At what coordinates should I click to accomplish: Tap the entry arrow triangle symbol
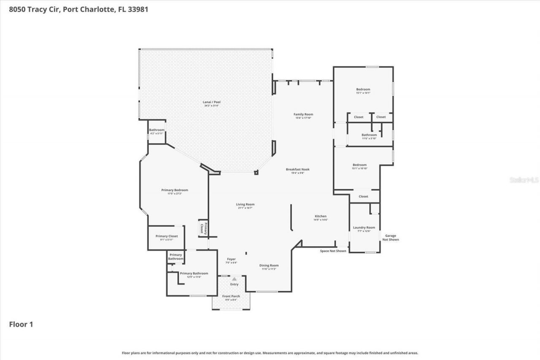(234, 279)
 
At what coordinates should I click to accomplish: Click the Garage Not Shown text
(390, 238)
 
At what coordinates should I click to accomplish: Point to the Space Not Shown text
(333, 251)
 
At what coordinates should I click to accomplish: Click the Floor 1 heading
(21, 324)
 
